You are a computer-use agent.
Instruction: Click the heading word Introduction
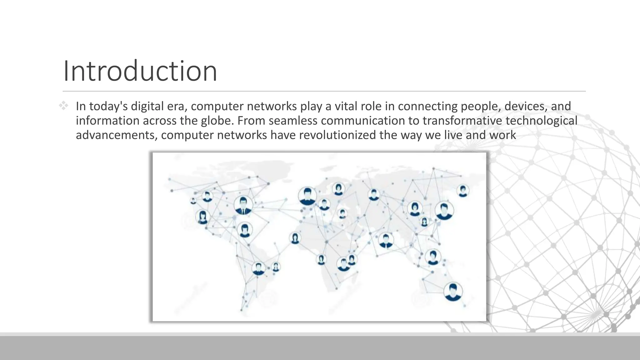(x=140, y=71)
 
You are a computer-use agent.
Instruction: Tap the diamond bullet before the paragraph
(x=63, y=106)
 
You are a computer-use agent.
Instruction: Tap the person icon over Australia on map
(x=452, y=291)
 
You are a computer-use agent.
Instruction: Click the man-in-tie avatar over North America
(x=243, y=205)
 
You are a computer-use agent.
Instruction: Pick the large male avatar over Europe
(x=307, y=196)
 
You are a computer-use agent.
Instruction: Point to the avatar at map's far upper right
(x=462, y=191)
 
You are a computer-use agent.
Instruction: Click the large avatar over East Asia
(x=444, y=210)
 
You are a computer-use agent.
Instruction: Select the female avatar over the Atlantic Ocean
(x=295, y=238)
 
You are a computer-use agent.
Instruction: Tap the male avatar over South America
(x=258, y=268)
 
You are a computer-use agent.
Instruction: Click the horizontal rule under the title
(x=324, y=91)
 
